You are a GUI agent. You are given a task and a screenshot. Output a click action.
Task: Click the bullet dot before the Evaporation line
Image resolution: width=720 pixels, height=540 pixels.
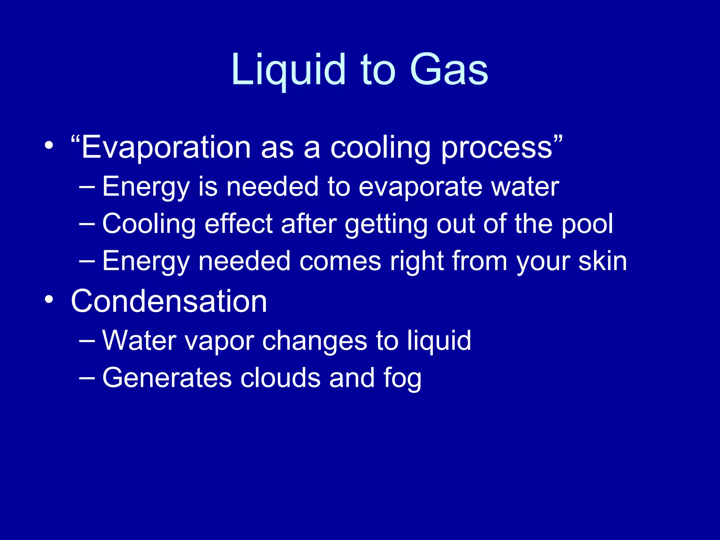[x=49, y=145]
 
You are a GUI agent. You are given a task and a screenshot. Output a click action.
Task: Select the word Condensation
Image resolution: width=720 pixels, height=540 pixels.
[x=169, y=301]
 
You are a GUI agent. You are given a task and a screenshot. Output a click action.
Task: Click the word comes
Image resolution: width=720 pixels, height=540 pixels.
[x=340, y=262]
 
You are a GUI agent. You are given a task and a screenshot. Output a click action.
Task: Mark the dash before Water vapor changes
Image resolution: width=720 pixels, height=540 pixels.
[x=87, y=340]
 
